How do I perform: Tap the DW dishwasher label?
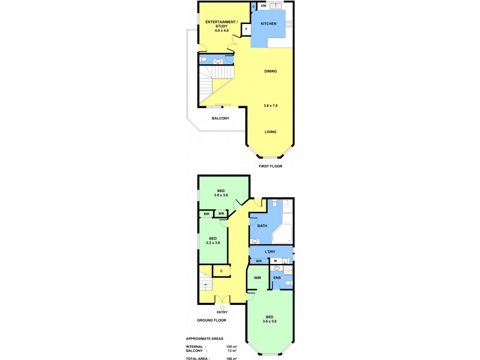(x=263, y=6)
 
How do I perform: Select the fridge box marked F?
(x=246, y=29)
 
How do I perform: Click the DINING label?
(x=271, y=71)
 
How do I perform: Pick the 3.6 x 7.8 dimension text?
(x=271, y=106)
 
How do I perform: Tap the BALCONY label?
(x=220, y=118)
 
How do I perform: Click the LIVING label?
(x=271, y=131)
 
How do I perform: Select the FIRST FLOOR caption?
(x=270, y=166)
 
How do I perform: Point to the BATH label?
(x=262, y=226)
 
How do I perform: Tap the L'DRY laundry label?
(x=269, y=251)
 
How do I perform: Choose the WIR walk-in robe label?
(x=257, y=278)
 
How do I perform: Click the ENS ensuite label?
(x=277, y=278)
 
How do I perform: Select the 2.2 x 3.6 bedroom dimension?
(x=214, y=242)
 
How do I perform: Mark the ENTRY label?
(x=222, y=313)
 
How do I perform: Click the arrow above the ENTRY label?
(x=222, y=307)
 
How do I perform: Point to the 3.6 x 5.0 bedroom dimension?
(x=270, y=321)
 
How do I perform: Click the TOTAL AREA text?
(x=199, y=358)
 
